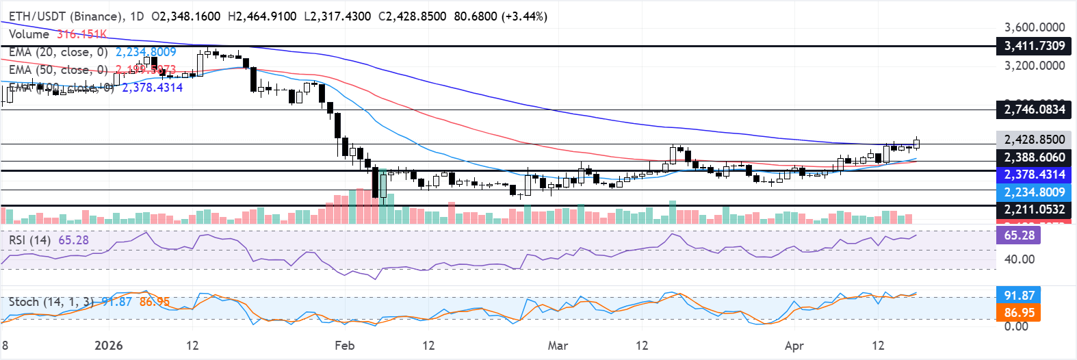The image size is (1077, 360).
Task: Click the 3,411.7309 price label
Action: [1034, 46]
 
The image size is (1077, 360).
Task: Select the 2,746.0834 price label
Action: [1034, 110]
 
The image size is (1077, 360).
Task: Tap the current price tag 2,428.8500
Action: [1034, 140]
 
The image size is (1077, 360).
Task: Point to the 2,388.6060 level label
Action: [1034, 157]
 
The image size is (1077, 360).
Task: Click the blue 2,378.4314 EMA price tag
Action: [1034, 175]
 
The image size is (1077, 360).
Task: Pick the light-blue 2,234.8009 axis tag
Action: [1034, 192]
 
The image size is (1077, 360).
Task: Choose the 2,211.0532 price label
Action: [1034, 209]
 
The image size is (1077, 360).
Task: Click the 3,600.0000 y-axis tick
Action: [1034, 27]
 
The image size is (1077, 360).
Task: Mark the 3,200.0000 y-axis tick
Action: [1034, 66]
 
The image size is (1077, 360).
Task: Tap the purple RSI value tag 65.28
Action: [1019, 235]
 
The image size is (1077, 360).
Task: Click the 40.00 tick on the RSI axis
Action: [1019, 259]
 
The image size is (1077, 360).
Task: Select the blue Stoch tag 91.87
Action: [1019, 296]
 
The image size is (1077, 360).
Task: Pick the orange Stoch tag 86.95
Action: [1019, 313]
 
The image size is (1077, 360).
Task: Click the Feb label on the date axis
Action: [344, 346]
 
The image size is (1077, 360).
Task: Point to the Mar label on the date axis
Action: [558, 346]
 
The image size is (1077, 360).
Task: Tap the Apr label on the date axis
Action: [794, 346]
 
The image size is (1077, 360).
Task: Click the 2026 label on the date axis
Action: [108, 346]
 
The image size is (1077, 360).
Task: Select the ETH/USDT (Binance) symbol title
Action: [66, 16]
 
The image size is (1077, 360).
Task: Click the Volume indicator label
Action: [29, 34]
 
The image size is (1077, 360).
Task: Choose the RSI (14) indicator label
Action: [29, 240]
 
